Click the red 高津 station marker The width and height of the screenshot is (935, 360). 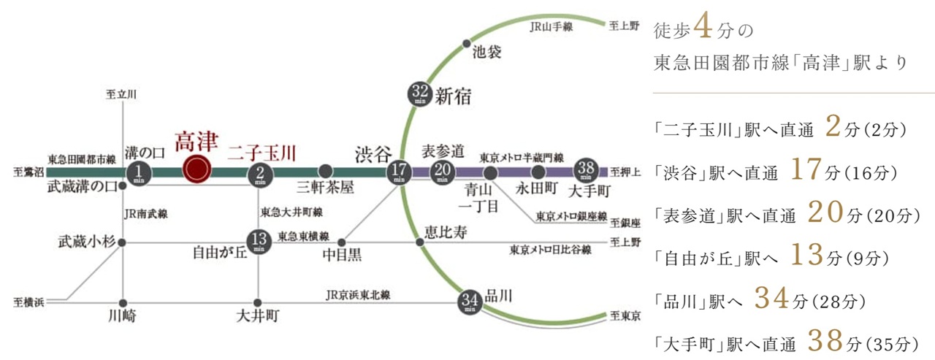(196, 171)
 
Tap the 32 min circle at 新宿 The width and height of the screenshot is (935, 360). (419, 94)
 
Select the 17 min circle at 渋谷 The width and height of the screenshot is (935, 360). (399, 173)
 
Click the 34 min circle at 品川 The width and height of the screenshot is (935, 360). (470, 301)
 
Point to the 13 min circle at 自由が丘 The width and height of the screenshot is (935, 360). (259, 241)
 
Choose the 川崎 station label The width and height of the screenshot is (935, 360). (121, 317)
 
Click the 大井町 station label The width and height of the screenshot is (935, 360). (257, 317)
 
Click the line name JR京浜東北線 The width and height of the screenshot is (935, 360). (358, 295)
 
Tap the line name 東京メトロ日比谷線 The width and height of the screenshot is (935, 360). (550, 250)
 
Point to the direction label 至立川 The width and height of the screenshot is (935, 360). (121, 94)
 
